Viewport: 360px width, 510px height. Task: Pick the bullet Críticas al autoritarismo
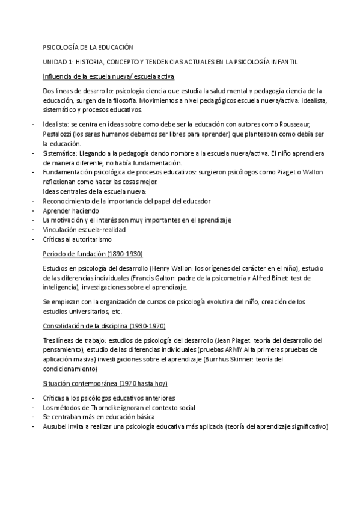pyautogui.click(x=77, y=239)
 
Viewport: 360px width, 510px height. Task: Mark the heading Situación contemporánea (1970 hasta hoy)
pyautogui.click(x=105, y=383)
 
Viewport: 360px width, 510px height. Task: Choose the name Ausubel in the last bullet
pyautogui.click(x=55, y=426)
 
